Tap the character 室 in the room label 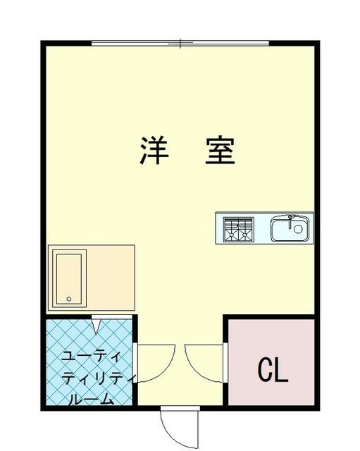(x=219, y=150)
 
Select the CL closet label (x=273, y=370)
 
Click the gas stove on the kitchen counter (x=237, y=228)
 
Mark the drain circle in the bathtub (x=69, y=299)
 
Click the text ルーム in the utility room (x=91, y=400)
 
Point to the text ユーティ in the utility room (x=92, y=354)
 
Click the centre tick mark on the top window (x=180, y=44)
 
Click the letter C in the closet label (x=265, y=370)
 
